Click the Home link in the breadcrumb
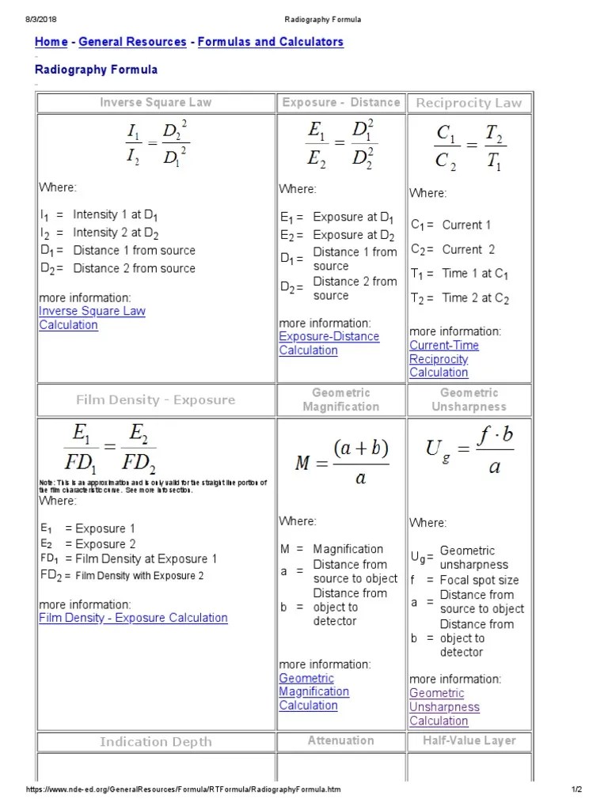[51, 42]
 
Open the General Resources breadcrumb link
[133, 42]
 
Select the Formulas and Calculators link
[270, 42]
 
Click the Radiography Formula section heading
[96, 70]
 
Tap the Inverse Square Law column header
[155, 102]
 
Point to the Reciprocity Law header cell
[469, 103]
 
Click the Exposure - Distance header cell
[340, 102]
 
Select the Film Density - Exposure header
[155, 399]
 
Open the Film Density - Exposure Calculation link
[133, 618]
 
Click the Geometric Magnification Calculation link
[313, 691]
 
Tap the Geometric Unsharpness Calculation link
[444, 707]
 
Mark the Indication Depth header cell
[155, 741]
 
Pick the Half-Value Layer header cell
[469, 740]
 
